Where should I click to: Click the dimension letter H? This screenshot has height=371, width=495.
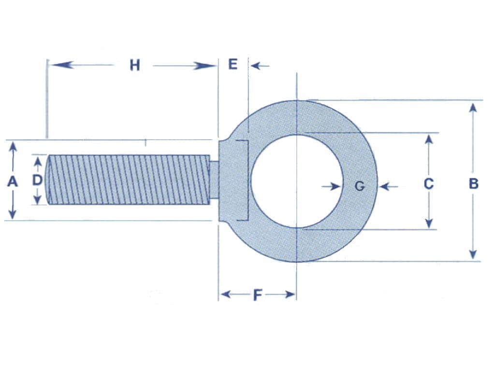point(134,65)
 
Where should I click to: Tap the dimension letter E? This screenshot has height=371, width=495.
point(233,64)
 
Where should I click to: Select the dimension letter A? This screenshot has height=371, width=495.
point(13,182)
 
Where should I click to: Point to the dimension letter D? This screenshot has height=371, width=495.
point(37,180)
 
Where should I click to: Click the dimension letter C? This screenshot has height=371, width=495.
point(428,184)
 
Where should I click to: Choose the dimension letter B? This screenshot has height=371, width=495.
point(474,184)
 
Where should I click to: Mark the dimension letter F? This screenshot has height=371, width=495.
point(258,295)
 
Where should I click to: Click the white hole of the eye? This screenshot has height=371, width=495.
point(296,181)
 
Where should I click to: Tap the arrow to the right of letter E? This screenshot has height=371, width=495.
point(259,65)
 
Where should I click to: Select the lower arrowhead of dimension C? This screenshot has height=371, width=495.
point(428,223)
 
